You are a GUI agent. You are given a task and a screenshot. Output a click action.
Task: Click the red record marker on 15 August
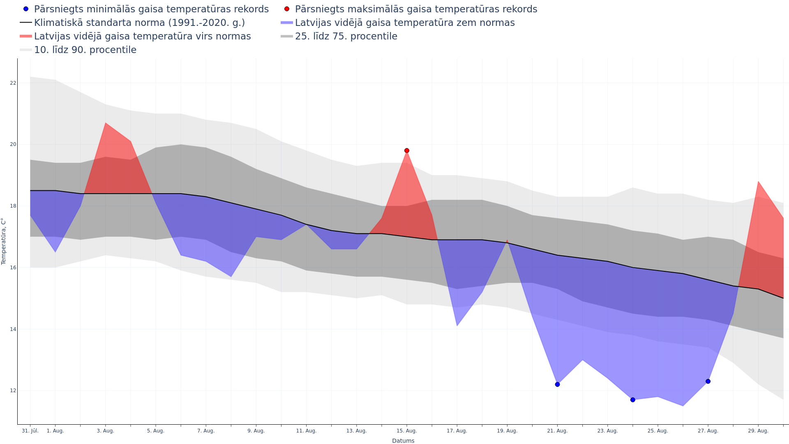click(407, 150)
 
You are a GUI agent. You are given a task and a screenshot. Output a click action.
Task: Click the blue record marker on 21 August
click(557, 384)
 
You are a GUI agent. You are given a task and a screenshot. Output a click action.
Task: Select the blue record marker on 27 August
click(708, 382)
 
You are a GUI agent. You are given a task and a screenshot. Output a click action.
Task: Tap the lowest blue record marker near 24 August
click(633, 400)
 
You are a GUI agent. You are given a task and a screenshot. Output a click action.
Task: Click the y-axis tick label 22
click(13, 83)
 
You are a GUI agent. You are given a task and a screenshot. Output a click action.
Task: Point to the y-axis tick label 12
click(13, 391)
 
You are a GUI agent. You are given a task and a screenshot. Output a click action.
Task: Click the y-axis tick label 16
click(13, 268)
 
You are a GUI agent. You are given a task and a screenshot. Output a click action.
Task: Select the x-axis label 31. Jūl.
click(30, 431)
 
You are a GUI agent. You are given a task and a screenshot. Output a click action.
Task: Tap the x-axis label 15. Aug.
click(407, 431)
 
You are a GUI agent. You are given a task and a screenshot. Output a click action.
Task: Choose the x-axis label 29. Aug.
click(758, 431)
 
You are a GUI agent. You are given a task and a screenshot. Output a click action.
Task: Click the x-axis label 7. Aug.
click(206, 431)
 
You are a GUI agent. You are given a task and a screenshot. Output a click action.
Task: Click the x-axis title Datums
click(403, 441)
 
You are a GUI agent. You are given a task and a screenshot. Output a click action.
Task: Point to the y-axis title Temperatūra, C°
click(4, 241)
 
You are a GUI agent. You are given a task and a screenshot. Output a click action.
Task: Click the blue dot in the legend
click(26, 9)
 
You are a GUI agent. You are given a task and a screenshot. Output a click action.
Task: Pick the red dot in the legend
click(287, 9)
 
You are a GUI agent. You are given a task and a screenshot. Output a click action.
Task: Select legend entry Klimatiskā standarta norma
click(139, 23)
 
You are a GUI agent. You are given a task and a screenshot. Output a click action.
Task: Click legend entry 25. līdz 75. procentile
click(346, 36)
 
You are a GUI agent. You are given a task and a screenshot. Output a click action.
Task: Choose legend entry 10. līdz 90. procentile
click(85, 50)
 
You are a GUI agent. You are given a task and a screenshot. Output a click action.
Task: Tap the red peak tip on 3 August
click(106, 123)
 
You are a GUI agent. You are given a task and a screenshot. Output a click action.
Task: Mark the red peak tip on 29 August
click(758, 182)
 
